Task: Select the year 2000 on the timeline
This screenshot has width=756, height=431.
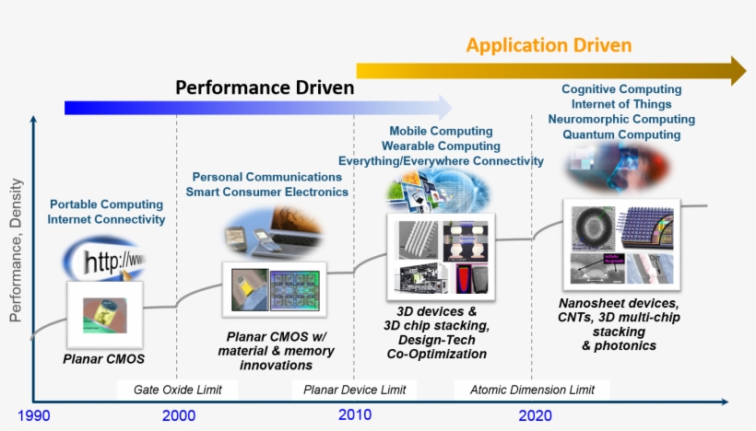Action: pos(178,415)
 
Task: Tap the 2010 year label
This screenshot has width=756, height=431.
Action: pos(354,415)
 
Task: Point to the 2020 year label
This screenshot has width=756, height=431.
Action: pos(535,415)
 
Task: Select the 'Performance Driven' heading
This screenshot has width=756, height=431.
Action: pos(265,88)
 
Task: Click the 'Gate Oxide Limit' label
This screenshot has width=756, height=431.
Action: pos(178,390)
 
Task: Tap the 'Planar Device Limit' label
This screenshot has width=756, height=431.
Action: pos(355,390)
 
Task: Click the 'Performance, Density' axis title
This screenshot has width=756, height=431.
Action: pos(16,250)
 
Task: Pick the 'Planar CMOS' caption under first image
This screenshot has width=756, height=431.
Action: pos(104,358)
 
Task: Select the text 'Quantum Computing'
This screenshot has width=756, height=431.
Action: pos(621,134)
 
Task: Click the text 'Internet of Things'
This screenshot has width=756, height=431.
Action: pos(621,104)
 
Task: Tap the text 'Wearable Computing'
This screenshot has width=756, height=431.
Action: pos(441,146)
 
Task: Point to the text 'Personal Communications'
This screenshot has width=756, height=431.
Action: pos(266,177)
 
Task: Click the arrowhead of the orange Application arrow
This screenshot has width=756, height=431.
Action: pos(738,70)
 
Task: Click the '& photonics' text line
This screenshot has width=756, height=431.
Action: pos(619,345)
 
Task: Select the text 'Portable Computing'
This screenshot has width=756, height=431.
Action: pos(106,204)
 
